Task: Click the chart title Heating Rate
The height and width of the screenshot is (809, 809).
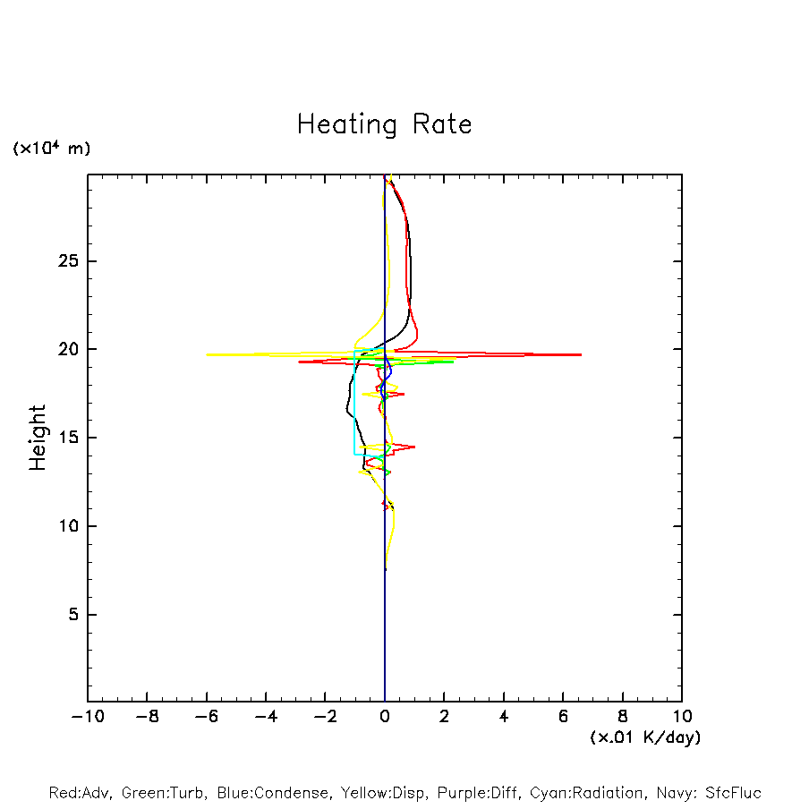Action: (x=384, y=124)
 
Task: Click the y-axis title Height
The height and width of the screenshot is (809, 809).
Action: (x=38, y=438)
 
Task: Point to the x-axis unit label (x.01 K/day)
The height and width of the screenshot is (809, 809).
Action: (x=644, y=737)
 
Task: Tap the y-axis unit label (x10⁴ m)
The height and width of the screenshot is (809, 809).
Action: (x=51, y=149)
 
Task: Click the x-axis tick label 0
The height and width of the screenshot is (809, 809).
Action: (x=385, y=716)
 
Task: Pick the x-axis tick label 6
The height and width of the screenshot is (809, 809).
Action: (x=563, y=716)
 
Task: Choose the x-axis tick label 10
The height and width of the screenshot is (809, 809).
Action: (x=681, y=716)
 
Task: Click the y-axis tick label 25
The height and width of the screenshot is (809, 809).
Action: (x=69, y=261)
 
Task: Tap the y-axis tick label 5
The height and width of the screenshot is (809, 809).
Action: (x=73, y=615)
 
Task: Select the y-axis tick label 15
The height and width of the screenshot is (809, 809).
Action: (x=69, y=438)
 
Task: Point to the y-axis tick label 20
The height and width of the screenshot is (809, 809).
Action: (x=69, y=349)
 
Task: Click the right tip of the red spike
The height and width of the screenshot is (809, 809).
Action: (x=581, y=354)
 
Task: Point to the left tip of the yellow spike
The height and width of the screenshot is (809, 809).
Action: (x=207, y=354)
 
